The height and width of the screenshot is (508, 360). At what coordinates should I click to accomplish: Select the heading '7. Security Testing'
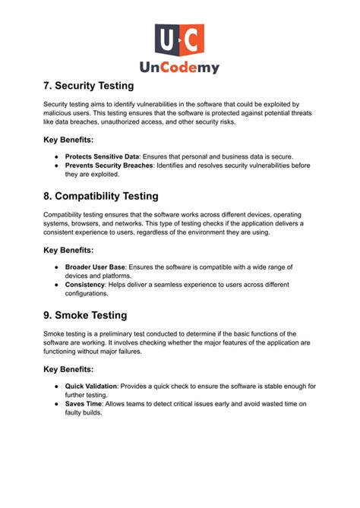click(x=89, y=86)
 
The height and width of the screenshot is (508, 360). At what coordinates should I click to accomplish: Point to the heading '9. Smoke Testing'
click(x=85, y=315)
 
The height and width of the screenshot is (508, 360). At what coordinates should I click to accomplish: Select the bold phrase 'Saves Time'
click(x=83, y=404)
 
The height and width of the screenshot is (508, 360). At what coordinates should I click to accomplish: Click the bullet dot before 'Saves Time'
click(x=57, y=404)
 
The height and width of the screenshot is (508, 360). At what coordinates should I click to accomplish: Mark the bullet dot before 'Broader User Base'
click(x=57, y=267)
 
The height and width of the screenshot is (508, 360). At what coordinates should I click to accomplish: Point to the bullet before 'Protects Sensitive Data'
click(x=57, y=156)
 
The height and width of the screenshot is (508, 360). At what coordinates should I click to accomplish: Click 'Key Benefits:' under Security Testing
click(x=68, y=140)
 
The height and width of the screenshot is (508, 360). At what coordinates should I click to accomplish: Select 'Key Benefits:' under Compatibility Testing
click(x=68, y=250)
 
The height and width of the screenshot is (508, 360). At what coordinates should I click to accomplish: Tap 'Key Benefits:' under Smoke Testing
click(x=68, y=369)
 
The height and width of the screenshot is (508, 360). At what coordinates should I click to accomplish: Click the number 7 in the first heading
click(x=47, y=86)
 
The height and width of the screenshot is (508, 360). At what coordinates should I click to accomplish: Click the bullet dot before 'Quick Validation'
click(x=57, y=387)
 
